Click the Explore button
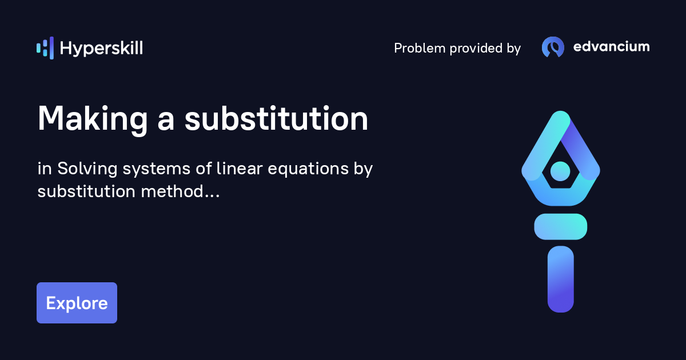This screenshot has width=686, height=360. click(77, 303)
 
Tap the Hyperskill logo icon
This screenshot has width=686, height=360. click(45, 48)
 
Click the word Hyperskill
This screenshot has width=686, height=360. click(101, 49)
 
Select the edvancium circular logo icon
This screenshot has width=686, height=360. click(553, 47)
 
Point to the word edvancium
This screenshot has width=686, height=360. click(611, 47)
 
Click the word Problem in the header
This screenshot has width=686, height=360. click(419, 49)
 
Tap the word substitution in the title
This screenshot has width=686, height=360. click(276, 119)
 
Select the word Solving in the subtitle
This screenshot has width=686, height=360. click(84, 169)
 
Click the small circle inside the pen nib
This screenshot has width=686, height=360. click(560, 170)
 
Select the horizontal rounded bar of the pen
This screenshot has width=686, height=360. click(560, 226)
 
